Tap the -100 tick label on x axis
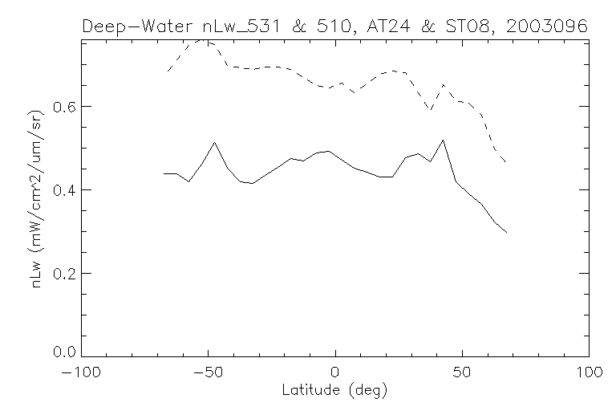pos(80,373)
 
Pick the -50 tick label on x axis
pos(209,373)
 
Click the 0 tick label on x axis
pos(335,373)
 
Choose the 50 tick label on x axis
pos(462,373)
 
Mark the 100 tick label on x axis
pos(588,373)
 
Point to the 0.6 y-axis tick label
pos(61,107)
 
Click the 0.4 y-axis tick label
pos(61,190)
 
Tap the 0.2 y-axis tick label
pos(61,274)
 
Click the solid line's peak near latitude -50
pos(214,143)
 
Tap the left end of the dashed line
pos(167,72)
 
